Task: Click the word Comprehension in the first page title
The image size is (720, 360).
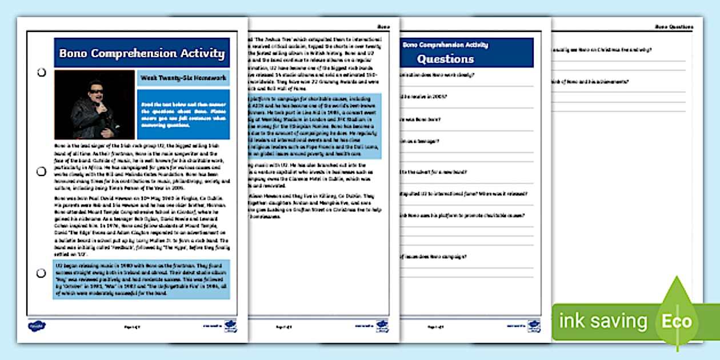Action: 129,54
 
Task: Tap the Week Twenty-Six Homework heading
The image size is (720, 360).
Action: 183,78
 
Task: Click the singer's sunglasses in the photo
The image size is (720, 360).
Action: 93,91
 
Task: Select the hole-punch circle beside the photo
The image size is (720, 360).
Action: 41,73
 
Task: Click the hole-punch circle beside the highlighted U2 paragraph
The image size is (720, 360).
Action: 41,273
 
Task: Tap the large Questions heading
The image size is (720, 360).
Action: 445,59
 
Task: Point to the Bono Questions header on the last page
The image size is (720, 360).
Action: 674,27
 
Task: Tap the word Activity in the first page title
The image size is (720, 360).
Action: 202,54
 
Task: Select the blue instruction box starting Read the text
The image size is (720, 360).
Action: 183,114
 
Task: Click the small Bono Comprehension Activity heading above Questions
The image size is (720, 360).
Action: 446,45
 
